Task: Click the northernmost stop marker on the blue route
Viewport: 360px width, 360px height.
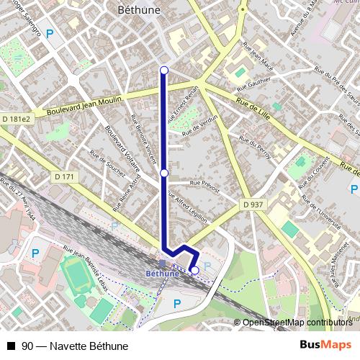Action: click(x=164, y=70)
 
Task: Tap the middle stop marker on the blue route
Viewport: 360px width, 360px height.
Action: click(x=164, y=174)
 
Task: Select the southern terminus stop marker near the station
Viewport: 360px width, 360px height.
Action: click(x=194, y=270)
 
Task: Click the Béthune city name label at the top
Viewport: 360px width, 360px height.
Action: click(x=138, y=10)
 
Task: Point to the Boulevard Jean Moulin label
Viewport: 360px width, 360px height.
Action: click(x=81, y=107)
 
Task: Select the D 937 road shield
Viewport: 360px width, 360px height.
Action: click(x=253, y=204)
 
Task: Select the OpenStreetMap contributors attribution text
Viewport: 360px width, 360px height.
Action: click(x=297, y=323)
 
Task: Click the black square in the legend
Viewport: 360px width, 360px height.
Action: click(x=11, y=346)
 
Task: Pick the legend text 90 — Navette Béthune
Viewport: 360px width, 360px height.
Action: click(x=70, y=346)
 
